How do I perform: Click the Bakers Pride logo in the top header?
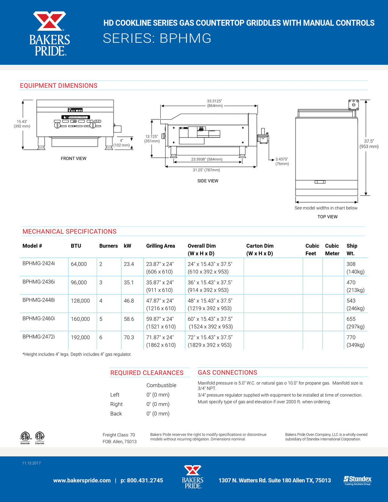click(x=50, y=33)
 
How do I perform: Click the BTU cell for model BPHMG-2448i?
click(x=80, y=301)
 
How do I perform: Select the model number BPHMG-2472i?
click(x=39, y=336)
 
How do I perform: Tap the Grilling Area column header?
click(x=161, y=246)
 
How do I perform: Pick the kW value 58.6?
click(x=129, y=319)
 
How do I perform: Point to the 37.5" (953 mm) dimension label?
click(x=369, y=144)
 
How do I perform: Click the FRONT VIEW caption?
click(x=74, y=158)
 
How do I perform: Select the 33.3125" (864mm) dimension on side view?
click(x=214, y=103)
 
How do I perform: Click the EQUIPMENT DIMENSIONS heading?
click(x=59, y=86)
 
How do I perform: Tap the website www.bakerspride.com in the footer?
click(x=82, y=480)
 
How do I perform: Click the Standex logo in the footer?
click(x=357, y=480)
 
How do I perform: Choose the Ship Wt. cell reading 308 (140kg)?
click(x=355, y=268)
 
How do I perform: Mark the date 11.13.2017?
click(x=31, y=463)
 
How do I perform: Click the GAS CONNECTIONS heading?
click(x=227, y=372)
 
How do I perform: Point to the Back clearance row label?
click(x=116, y=414)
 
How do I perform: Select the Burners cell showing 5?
click(x=101, y=319)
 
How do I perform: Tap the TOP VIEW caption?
click(x=327, y=217)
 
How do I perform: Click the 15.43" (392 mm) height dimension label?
click(x=22, y=124)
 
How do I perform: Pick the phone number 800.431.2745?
click(x=145, y=480)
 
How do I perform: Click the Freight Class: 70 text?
click(x=119, y=435)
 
